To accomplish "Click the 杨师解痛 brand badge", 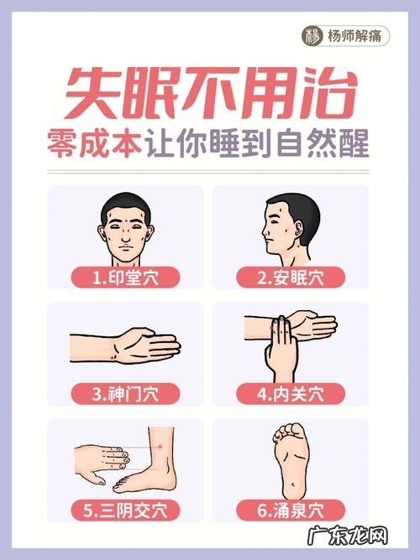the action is point(345,36).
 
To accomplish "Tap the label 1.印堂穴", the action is point(125,277).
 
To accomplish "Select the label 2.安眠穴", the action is point(291,277).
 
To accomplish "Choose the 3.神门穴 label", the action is point(125,394).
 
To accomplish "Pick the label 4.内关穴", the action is point(291,394).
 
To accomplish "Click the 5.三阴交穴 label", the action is point(125,511).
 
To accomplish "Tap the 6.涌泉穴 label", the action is point(291,511).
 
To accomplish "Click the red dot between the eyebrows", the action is point(125,218).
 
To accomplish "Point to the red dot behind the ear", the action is point(299,245).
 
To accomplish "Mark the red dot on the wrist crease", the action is point(113,357).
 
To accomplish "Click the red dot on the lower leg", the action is point(160,447).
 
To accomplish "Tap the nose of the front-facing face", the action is point(125,236).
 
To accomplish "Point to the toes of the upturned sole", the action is point(289,432).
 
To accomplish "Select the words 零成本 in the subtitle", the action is point(94,144).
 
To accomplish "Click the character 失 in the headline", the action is point(94,94).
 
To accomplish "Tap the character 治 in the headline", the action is point(328,94).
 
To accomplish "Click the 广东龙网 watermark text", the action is point(348,536).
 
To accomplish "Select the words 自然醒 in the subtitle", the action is point(323,144).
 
